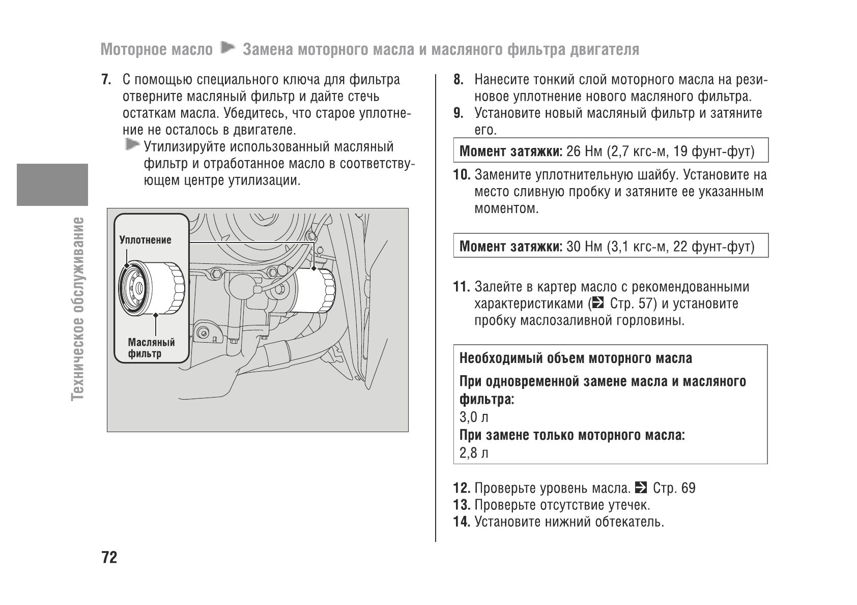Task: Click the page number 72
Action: [109, 558]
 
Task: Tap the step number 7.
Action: [106, 80]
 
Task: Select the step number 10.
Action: [461, 175]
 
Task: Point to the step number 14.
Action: [461, 522]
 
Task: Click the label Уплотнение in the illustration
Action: [145, 240]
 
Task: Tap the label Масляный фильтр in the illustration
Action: [151, 348]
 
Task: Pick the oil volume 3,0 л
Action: [473, 417]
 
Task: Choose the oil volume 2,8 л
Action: [473, 453]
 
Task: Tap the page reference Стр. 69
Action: [674, 489]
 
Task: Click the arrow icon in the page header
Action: [227, 49]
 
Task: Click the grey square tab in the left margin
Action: [52, 185]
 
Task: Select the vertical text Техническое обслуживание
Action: [78, 308]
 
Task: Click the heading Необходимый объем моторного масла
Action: [575, 359]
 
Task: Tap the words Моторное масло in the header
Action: [157, 50]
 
